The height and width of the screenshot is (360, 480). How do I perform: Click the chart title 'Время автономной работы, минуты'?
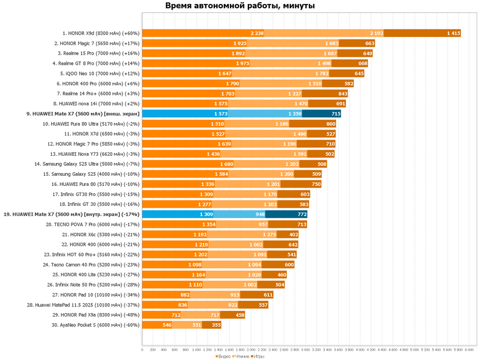point(240,6)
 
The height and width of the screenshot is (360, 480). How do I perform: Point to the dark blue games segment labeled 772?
point(286,214)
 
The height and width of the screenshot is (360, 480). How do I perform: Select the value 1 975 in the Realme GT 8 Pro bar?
point(242,64)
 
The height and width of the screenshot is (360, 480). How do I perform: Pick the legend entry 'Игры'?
point(259,356)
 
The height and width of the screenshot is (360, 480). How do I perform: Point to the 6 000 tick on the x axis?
point(469,350)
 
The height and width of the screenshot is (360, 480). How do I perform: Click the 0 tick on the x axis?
point(142,350)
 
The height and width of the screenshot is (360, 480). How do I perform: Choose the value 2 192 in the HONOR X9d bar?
point(376,33)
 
